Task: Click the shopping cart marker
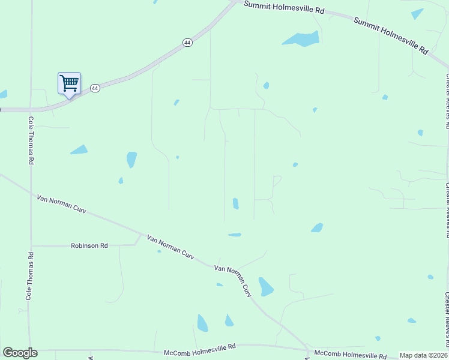pyautogui.click(x=69, y=83)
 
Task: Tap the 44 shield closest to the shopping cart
pyautogui.click(x=95, y=88)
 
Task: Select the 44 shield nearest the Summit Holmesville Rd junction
pyautogui.click(x=187, y=43)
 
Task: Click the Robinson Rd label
pyautogui.click(x=89, y=245)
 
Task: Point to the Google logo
pyautogui.click(x=20, y=353)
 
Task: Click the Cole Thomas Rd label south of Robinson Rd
pyautogui.click(x=29, y=275)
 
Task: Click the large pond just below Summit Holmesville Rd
pyautogui.click(x=301, y=40)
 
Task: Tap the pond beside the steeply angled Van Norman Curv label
pyautogui.click(x=265, y=287)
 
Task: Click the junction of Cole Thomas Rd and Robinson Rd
pyautogui.click(x=31, y=245)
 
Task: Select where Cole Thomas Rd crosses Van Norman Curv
pyautogui.click(x=30, y=188)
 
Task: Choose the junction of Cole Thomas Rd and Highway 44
pyautogui.click(x=30, y=110)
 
